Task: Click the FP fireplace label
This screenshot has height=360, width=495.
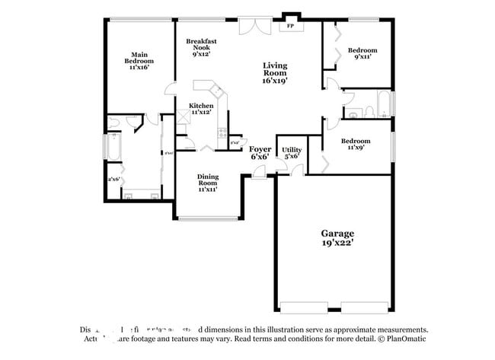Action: point(289,27)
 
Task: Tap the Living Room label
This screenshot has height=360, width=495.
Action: point(275,72)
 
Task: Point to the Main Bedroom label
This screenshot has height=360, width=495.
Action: point(139,60)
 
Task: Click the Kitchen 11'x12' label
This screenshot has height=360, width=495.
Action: point(201,109)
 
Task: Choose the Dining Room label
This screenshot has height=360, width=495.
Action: point(208,183)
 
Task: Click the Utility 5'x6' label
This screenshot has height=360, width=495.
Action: point(292,153)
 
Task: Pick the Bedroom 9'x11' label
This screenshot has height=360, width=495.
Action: point(362,55)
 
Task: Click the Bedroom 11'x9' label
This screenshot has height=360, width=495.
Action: point(356,145)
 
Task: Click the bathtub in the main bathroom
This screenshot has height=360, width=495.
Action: point(111,146)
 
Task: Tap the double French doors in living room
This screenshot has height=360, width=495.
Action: point(253,25)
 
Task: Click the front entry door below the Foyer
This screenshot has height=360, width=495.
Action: point(260,175)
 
